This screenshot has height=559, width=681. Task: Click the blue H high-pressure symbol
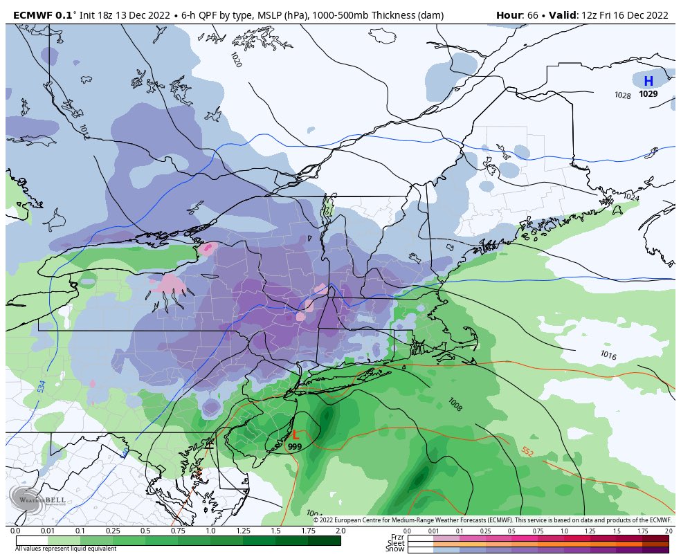[x=648, y=82]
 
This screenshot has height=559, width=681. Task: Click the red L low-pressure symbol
[x=296, y=435]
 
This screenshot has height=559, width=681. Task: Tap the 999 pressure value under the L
[x=295, y=447]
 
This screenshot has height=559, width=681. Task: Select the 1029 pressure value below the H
[x=648, y=94]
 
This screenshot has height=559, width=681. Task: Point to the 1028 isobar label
[x=623, y=95]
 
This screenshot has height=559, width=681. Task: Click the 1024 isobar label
[x=630, y=197]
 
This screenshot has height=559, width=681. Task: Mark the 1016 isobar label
[x=608, y=355]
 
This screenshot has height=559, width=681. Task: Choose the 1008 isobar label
[x=455, y=403]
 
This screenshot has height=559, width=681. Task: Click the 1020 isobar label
[x=236, y=59]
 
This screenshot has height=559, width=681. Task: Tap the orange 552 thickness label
[x=527, y=452]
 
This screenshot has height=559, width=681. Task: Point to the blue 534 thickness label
[x=42, y=386]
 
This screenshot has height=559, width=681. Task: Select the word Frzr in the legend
[x=397, y=537]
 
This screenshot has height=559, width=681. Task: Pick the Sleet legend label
[x=396, y=543]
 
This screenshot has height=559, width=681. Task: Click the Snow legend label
[x=396, y=549]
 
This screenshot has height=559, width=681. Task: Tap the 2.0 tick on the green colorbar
[x=340, y=530]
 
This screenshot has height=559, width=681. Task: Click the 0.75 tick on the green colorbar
[x=178, y=530]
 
